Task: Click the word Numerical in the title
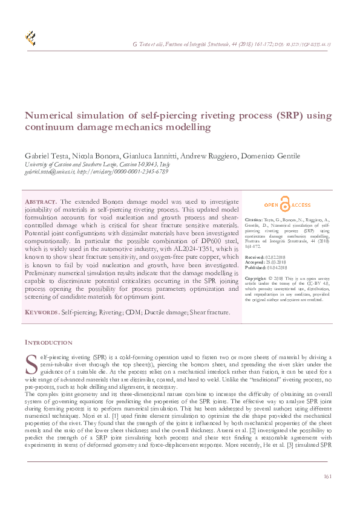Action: [50, 116]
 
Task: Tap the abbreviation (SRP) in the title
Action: [292, 116]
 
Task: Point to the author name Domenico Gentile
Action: [272, 156]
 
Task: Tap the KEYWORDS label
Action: [41, 313]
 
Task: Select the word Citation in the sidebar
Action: [254, 221]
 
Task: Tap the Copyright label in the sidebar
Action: [257, 277]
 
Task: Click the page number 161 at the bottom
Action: [327, 476]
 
